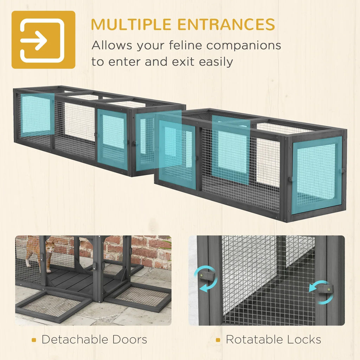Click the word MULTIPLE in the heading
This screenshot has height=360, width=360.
pos(131,24)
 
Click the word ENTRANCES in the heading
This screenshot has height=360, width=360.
pos(226,24)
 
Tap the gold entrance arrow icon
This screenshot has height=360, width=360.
pos(43,40)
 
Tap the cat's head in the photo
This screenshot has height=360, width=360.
pos(50,246)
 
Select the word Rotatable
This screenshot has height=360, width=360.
pos(254,339)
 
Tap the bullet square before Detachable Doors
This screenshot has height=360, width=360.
pos(34,340)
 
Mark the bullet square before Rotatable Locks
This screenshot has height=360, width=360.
pos(218,340)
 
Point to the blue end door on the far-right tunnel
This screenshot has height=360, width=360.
pos(317,175)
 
